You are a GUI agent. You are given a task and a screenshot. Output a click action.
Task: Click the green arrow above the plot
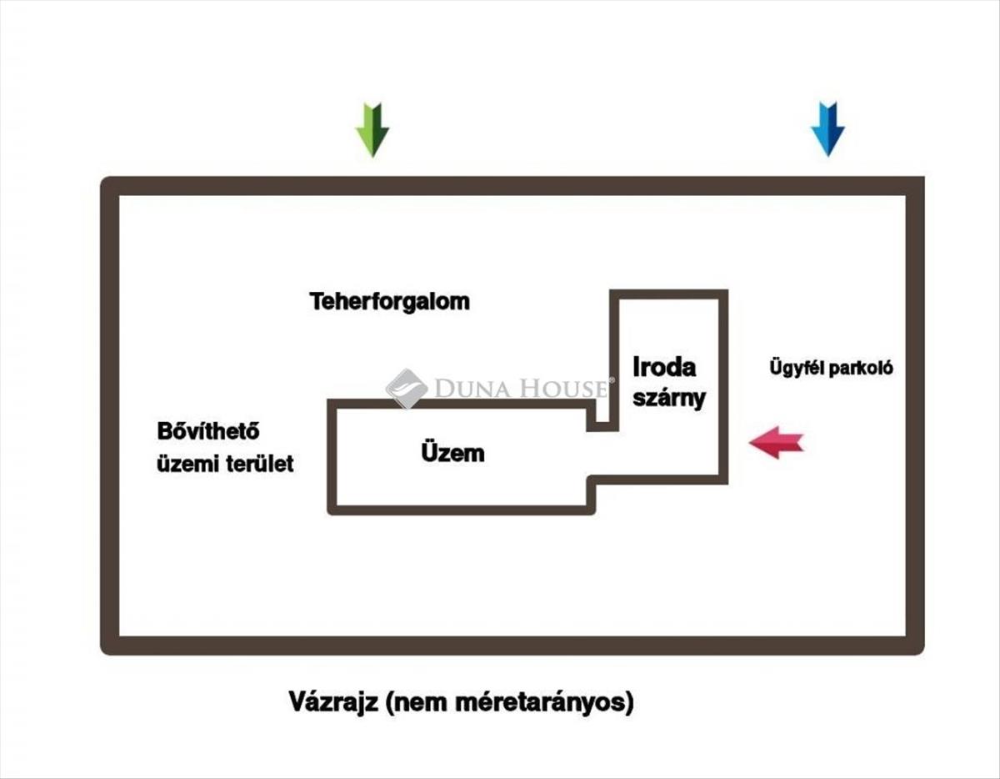tap(372, 130)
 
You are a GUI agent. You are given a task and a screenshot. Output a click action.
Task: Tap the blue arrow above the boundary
tap(827, 129)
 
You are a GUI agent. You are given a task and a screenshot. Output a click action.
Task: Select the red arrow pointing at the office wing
tap(777, 442)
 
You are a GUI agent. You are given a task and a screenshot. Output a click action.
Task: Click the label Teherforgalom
tap(390, 302)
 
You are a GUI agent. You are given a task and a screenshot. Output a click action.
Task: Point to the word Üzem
tap(452, 452)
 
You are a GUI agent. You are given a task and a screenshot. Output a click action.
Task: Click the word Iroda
tap(664, 367)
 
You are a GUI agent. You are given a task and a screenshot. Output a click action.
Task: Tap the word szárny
tap(669, 399)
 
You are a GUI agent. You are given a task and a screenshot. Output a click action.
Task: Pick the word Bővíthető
tap(208, 431)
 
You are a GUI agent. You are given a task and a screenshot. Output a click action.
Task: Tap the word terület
tap(259, 464)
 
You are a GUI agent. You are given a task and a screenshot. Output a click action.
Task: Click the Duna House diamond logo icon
tap(407, 389)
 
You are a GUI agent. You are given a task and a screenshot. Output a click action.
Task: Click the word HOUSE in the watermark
tap(563, 389)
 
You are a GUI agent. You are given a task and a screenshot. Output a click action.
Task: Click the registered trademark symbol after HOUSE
tap(612, 380)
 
